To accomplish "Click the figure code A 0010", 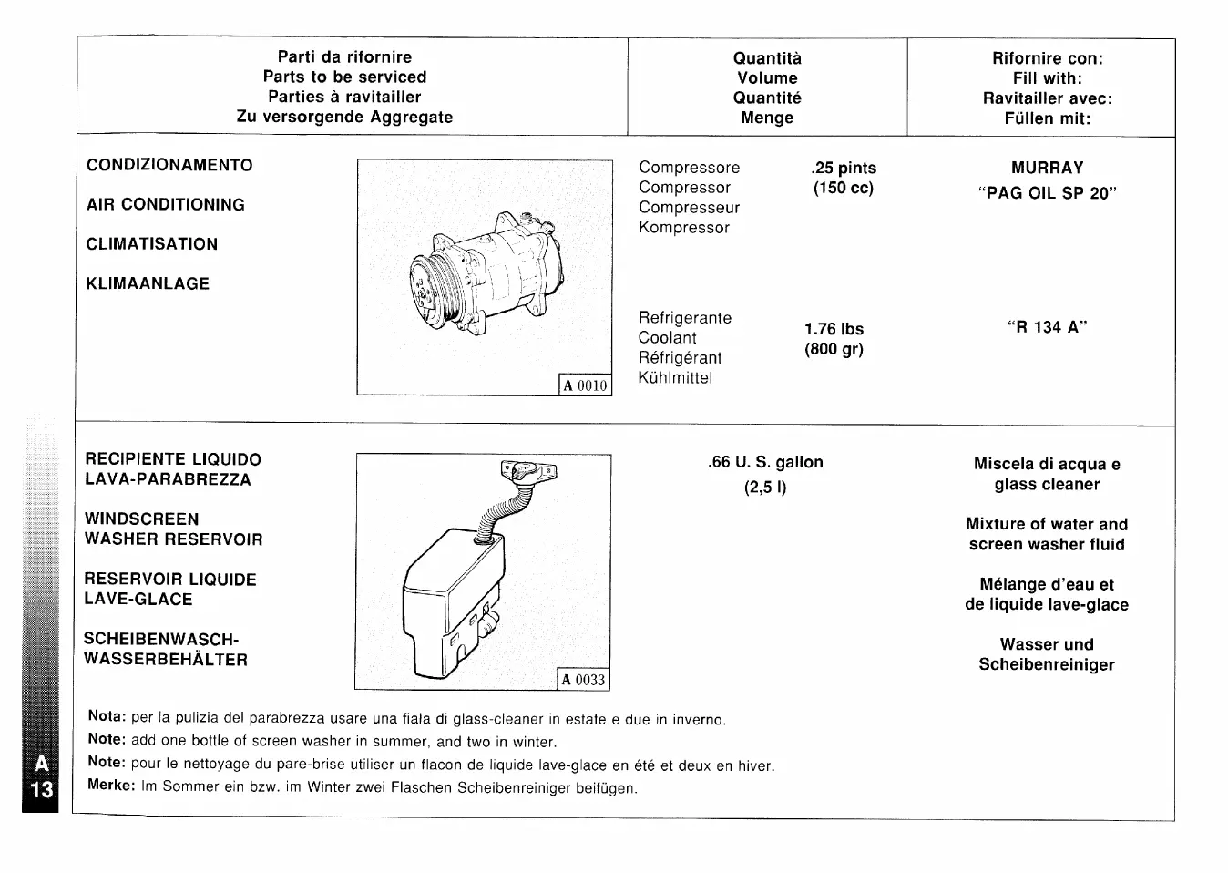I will pyautogui.click(x=584, y=385).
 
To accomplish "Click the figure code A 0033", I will pyautogui.click(x=582, y=680).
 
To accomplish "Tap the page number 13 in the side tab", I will pyautogui.click(x=41, y=789).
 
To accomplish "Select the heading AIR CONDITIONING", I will pyautogui.click(x=165, y=205).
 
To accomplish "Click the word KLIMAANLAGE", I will pyautogui.click(x=148, y=284).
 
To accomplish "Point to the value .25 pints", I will pyautogui.click(x=843, y=168).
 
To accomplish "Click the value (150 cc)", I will pyautogui.click(x=843, y=188).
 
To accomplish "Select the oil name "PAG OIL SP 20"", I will pyautogui.click(x=1047, y=193).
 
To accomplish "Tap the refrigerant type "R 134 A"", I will pyautogui.click(x=1047, y=327).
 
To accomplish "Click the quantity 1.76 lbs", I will pyautogui.click(x=834, y=329).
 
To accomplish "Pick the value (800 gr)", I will pyautogui.click(x=834, y=349).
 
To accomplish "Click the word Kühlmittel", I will pyautogui.click(x=675, y=378).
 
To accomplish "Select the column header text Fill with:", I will pyautogui.click(x=1047, y=78).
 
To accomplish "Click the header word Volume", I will pyautogui.click(x=767, y=78).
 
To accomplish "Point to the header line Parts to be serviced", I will pyautogui.click(x=344, y=77).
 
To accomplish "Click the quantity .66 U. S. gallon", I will pyautogui.click(x=765, y=462).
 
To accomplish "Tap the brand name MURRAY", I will pyautogui.click(x=1047, y=168).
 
